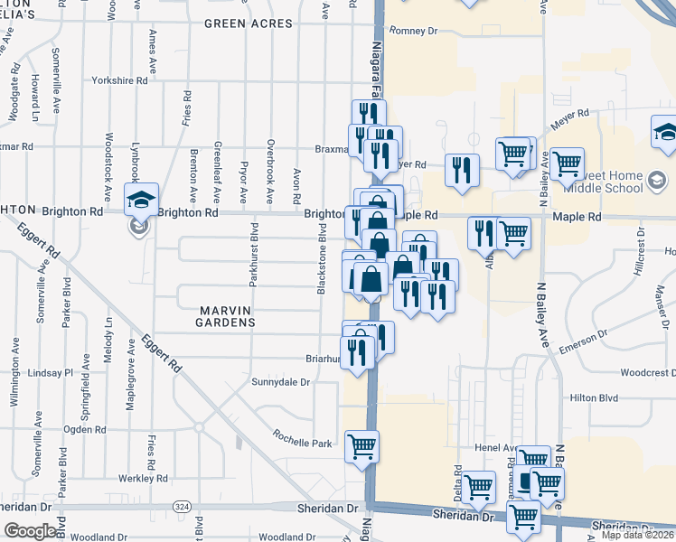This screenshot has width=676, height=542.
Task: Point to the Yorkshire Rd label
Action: pos(119,80)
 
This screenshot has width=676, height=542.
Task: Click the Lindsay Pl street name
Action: pos(51,372)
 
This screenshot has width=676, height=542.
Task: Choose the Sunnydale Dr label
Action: pos(281,382)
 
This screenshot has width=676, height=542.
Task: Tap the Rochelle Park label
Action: pos(304,444)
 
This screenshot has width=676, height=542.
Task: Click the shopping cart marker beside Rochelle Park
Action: pos(362,445)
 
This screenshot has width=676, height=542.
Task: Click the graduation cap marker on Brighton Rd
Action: pos(140,200)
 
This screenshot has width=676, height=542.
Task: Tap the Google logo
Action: pos(30,531)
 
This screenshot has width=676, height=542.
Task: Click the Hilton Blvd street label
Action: pos(594,397)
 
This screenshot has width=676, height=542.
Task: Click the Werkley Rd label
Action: pos(143,478)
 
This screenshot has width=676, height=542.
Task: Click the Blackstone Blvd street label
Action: pos(321,259)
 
